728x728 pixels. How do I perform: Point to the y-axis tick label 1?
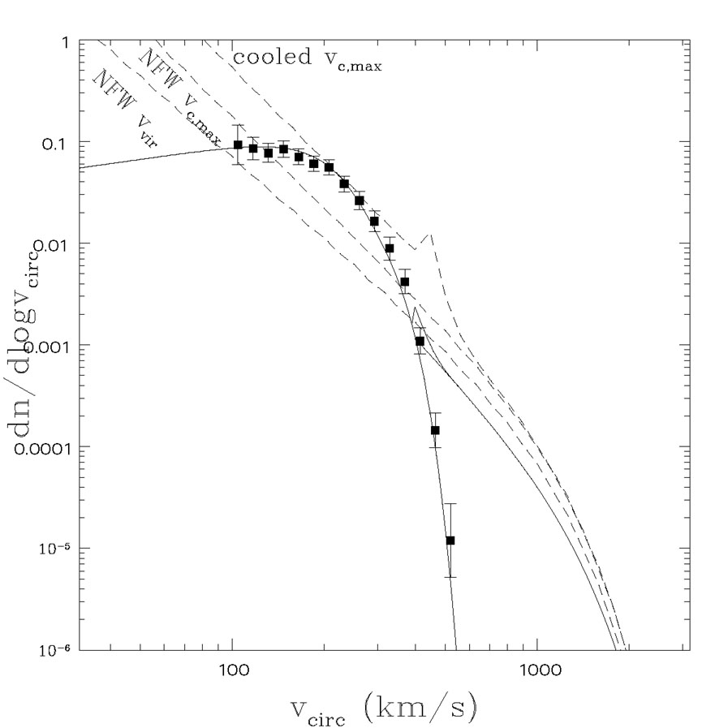(62, 41)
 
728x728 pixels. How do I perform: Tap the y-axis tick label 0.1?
(55, 143)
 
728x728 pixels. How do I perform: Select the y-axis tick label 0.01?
(50, 244)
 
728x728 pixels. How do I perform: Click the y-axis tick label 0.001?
(45, 346)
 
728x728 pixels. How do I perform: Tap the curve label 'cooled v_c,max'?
(307, 59)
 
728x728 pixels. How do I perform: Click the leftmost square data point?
(238, 145)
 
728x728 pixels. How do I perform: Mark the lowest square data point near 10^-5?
(450, 541)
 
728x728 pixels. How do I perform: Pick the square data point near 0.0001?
(435, 430)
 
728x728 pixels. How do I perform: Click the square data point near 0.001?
(420, 341)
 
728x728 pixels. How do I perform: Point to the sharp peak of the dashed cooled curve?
(431, 235)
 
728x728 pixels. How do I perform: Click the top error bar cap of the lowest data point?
(450, 504)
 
